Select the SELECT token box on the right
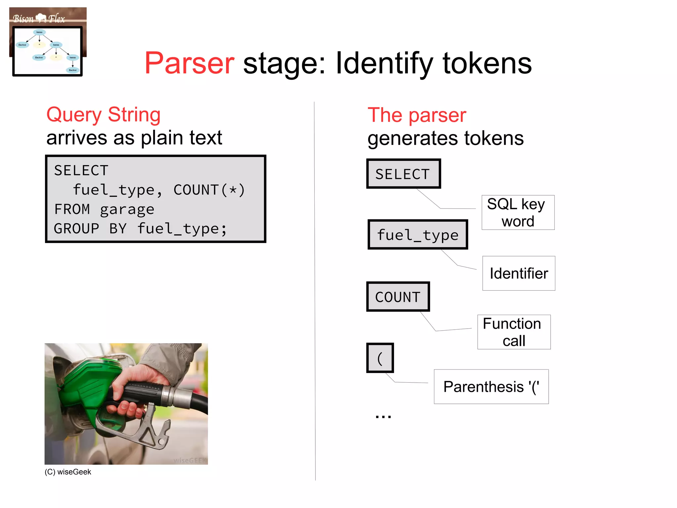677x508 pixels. (403, 174)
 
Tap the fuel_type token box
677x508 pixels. (418, 235)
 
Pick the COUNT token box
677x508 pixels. (398, 297)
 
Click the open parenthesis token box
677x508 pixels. (380, 358)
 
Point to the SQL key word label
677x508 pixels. (518, 212)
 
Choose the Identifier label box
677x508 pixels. (519, 273)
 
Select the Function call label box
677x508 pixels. (514, 332)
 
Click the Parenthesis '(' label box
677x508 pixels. (491, 387)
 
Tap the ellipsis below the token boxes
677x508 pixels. (383, 416)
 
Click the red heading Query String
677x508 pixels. (103, 115)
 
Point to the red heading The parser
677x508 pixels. (417, 115)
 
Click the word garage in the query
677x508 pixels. (127, 209)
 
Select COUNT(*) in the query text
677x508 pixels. (209, 190)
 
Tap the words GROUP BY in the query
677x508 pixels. (90, 229)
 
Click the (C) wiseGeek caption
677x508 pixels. (68, 472)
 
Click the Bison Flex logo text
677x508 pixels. (39, 19)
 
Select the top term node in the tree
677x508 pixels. (39, 32)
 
